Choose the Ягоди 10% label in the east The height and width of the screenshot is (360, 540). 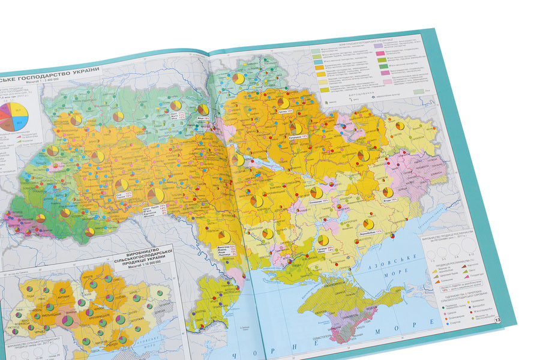point(390,200)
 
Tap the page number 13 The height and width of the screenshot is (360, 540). point(497,320)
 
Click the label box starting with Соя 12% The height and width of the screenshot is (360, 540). point(124,195)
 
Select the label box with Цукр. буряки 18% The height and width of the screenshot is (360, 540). point(154,209)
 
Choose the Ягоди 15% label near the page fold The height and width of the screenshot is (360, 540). point(202,119)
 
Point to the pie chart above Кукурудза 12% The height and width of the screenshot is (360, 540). point(296,128)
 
